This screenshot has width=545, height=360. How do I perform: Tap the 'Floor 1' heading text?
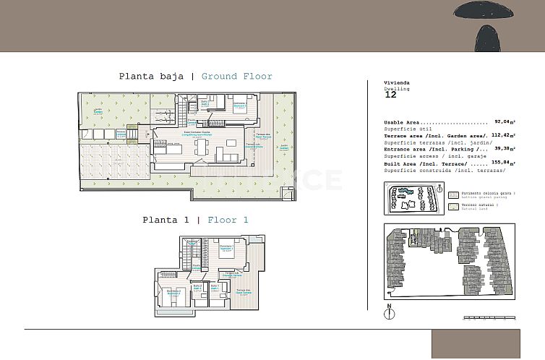coord(228,220)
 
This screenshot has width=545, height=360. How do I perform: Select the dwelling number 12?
coord(390,94)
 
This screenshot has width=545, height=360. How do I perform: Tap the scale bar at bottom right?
coord(489,317)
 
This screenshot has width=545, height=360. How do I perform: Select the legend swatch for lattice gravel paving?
coord(453,194)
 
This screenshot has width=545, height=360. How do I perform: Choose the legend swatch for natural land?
coord(453,206)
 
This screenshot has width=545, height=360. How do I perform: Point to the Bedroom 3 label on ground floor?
coord(240,106)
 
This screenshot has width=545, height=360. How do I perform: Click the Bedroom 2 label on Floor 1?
coord(173,292)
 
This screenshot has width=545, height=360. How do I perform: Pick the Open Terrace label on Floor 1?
coord(243,292)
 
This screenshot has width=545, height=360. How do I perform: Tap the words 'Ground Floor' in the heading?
coord(236,76)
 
